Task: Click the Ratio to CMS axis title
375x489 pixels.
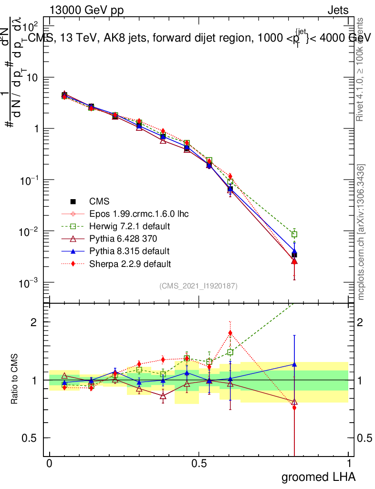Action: (15, 380)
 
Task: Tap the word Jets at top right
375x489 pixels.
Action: (338, 10)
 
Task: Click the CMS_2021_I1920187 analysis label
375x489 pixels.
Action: (198, 286)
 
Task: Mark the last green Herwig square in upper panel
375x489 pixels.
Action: (294, 234)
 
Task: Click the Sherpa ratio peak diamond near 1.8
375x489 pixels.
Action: (230, 333)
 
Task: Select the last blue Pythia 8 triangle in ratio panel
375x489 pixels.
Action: (294, 364)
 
